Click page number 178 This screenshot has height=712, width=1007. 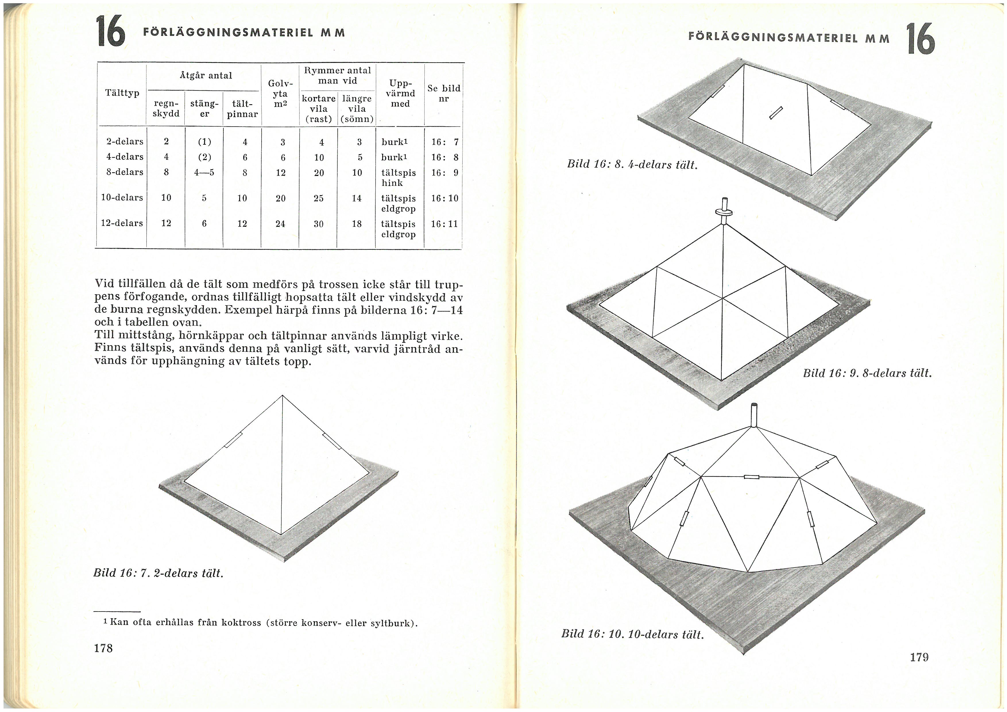[x=103, y=648]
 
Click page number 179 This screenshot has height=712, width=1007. [x=919, y=657]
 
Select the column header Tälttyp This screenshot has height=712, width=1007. [x=122, y=93]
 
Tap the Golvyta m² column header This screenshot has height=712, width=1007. [x=280, y=93]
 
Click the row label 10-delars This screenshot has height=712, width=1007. [x=122, y=198]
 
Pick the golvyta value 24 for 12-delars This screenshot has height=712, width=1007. [x=280, y=224]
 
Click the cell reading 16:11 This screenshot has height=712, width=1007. [x=444, y=224]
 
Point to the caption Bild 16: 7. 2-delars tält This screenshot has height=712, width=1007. [x=158, y=573]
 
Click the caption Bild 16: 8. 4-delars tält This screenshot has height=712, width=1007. [x=632, y=165]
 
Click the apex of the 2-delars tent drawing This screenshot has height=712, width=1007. [x=283, y=396]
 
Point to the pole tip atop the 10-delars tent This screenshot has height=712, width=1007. [x=754, y=406]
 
